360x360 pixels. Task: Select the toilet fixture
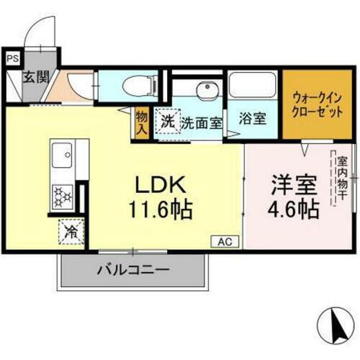140,85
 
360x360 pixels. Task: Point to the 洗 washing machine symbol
167,122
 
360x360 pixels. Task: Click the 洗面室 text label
201,122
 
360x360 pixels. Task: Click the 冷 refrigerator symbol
72,232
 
